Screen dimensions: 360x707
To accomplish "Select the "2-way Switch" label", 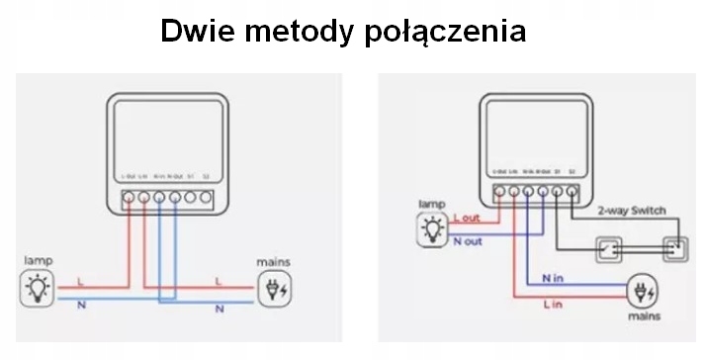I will (x=632, y=211).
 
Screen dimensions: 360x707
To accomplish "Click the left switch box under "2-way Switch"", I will (x=606, y=249).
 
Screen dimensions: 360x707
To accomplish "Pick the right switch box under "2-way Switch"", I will (x=676, y=249).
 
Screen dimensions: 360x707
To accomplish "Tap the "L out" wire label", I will (x=466, y=218).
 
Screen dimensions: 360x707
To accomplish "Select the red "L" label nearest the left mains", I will (x=219, y=282).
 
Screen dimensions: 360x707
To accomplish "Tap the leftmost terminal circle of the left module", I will (x=129, y=197).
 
